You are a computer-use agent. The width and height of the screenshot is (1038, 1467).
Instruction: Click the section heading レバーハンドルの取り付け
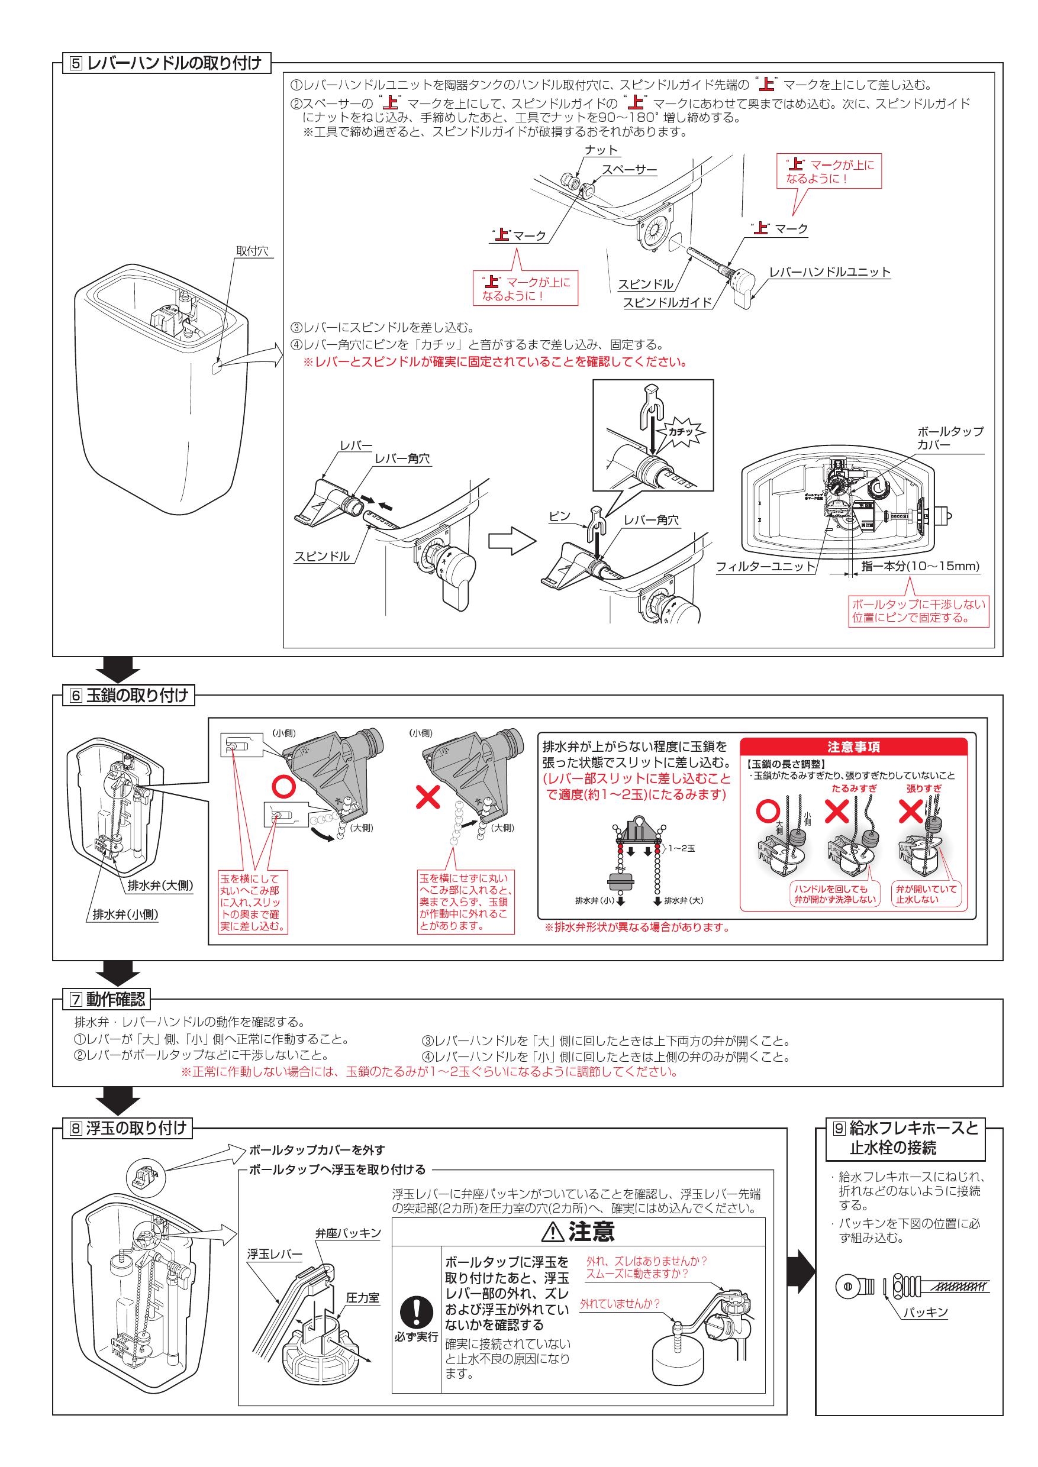click(x=173, y=63)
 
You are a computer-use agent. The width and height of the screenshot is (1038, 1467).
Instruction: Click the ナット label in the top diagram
click(x=601, y=150)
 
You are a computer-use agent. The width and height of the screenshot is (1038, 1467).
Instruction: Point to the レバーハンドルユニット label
click(x=829, y=272)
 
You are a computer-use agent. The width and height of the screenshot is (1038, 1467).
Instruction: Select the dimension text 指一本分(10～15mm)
click(x=920, y=566)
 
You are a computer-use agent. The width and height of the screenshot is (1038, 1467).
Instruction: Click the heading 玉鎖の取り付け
click(x=137, y=695)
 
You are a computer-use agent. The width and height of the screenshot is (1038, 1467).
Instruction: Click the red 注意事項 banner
click(x=853, y=747)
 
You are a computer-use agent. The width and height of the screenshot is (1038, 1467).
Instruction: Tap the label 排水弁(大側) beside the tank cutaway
click(x=160, y=886)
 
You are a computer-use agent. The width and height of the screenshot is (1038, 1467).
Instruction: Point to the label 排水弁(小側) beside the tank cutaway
click(x=125, y=915)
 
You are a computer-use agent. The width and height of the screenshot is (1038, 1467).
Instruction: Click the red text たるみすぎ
click(x=853, y=789)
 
